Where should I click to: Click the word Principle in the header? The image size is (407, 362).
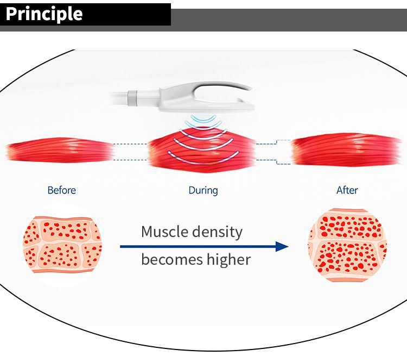(44, 14)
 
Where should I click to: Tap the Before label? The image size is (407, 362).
(61, 190)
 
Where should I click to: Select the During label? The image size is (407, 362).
(203, 190)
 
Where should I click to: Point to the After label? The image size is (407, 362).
(347, 190)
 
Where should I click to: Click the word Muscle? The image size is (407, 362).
(164, 232)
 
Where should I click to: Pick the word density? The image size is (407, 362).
(218, 232)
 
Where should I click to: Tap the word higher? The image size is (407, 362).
(228, 259)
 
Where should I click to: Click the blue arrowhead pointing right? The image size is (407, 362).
(282, 247)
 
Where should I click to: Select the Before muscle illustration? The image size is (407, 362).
(60, 151)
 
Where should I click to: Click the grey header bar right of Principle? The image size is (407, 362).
(288, 20)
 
